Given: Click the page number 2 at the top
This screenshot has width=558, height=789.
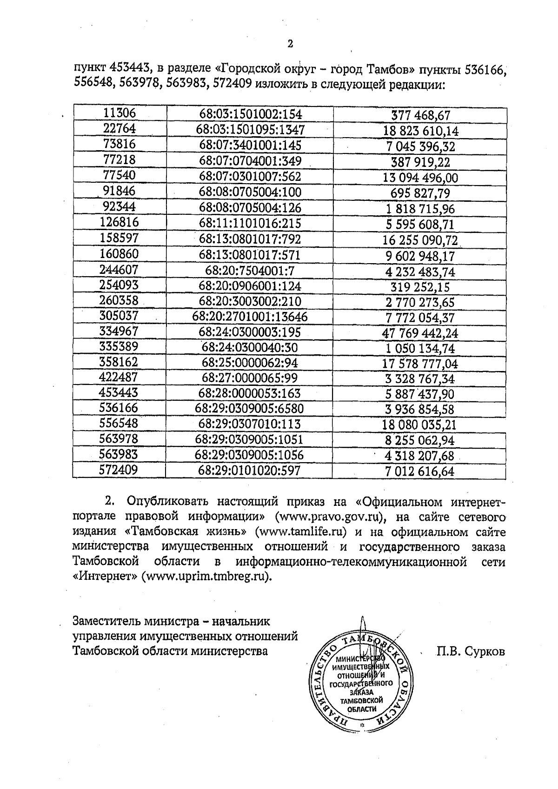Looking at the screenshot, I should (291, 44).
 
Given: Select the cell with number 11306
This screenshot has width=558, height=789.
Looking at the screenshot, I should (120, 113).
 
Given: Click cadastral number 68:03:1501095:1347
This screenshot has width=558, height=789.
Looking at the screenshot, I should (250, 130).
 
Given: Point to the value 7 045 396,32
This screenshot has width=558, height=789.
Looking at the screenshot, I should (420, 147).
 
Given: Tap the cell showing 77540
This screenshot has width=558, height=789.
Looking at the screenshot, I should (119, 175).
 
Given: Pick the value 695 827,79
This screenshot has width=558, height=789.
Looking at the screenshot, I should (420, 193).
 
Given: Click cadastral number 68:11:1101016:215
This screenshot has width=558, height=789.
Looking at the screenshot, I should (250, 224).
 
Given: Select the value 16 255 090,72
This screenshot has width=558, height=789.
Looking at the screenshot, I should (420, 240).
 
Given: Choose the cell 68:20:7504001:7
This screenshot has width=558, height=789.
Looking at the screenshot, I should (250, 271).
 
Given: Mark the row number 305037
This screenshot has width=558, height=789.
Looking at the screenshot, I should (119, 316).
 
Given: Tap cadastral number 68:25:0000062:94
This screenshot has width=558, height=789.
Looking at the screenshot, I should (250, 363).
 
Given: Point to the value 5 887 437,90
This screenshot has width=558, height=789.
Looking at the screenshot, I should (420, 394).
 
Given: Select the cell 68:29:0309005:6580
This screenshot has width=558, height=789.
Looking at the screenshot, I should (250, 409).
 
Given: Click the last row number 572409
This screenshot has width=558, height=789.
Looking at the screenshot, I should (119, 470).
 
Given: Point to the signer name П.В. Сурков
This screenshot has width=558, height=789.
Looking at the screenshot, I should (470, 651).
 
